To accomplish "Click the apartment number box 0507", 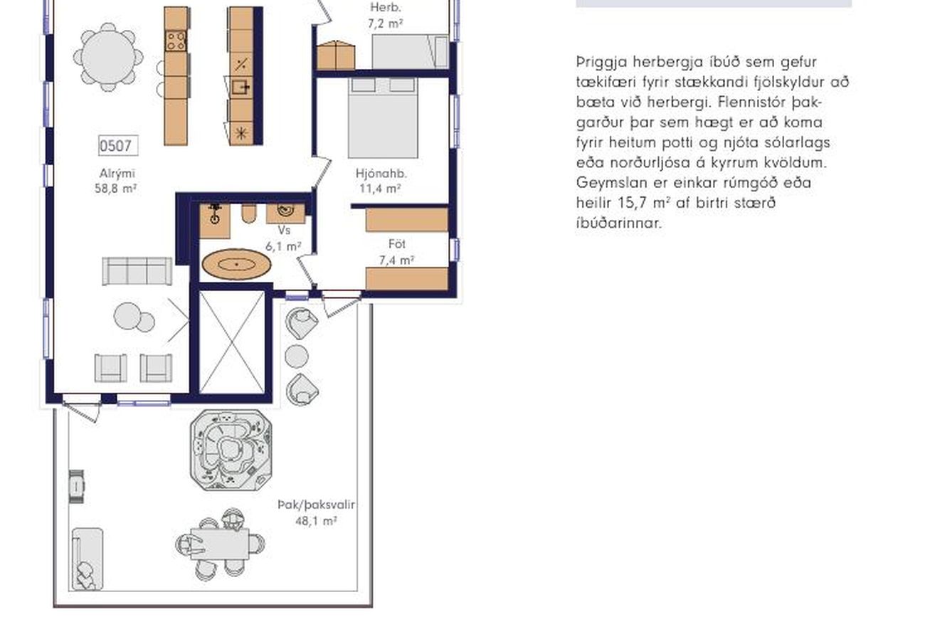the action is pyautogui.click(x=118, y=145).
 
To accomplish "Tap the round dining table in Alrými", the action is pyautogui.click(x=108, y=57).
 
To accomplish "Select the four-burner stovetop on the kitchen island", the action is pyautogui.click(x=176, y=41).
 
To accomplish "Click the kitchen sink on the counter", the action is pyautogui.click(x=240, y=87).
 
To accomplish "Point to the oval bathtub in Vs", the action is pyautogui.click(x=236, y=264).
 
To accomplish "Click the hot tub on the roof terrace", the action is pyautogui.click(x=231, y=450).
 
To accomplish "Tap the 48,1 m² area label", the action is pyautogui.click(x=316, y=521).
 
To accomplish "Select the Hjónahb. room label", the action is pyautogui.click(x=381, y=174).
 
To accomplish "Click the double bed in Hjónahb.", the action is pyautogui.click(x=383, y=117).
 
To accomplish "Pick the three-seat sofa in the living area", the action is pyautogui.click(x=137, y=271).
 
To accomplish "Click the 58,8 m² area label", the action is pyautogui.click(x=115, y=189).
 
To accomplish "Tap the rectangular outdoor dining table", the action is pyautogui.click(x=220, y=544).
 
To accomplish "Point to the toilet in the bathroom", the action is pyautogui.click(x=248, y=213).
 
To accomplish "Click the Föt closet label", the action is pyautogui.click(x=397, y=244).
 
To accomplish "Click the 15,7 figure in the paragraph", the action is pyautogui.click(x=633, y=203).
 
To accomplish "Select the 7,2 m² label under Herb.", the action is pyautogui.click(x=385, y=23).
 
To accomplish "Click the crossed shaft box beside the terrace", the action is pyautogui.click(x=232, y=342).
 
